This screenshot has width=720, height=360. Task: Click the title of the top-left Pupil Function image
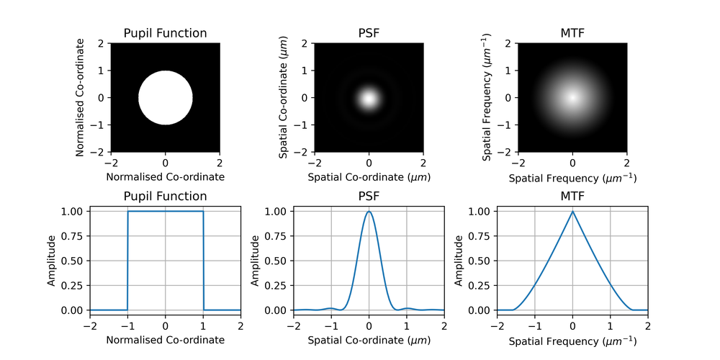pyautogui.click(x=166, y=33)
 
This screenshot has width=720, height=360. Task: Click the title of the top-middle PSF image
pyautogui.click(x=369, y=33)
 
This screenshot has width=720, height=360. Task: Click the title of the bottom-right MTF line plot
pyautogui.click(x=572, y=196)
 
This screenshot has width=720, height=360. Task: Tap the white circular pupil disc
pyautogui.click(x=166, y=97)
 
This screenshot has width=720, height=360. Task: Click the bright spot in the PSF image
pyautogui.click(x=369, y=98)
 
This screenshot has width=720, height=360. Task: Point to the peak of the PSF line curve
pyautogui.click(x=369, y=212)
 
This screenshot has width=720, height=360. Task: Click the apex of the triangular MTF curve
pyautogui.click(x=572, y=212)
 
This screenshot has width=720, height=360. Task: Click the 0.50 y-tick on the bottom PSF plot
pyautogui.click(x=276, y=261)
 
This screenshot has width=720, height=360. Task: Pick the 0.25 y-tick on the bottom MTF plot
pyautogui.click(x=480, y=285)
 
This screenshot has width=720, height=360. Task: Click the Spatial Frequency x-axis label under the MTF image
pyautogui.click(x=572, y=177)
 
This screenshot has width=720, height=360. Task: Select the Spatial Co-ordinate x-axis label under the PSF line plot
pyautogui.click(x=369, y=340)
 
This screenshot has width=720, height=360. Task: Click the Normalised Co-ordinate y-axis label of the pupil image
pyautogui.click(x=80, y=97)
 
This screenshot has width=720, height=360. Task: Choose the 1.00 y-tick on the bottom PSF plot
pyautogui.click(x=276, y=212)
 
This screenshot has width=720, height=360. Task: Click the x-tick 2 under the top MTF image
pyautogui.click(x=627, y=163)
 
